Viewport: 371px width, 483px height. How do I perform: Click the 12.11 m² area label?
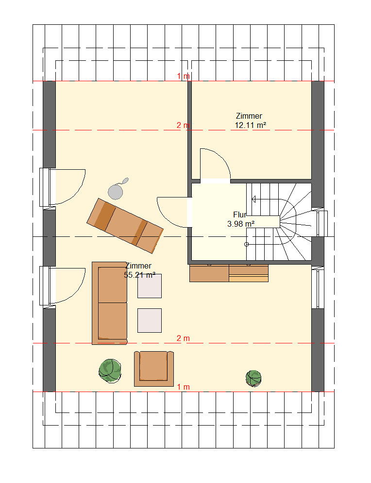click(x=251, y=125)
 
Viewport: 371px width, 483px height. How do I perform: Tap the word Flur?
click(x=240, y=215)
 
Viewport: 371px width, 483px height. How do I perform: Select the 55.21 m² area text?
click(x=139, y=275)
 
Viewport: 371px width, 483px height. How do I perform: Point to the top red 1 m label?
click(x=184, y=76)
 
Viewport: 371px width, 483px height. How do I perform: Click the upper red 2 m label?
click(x=183, y=125)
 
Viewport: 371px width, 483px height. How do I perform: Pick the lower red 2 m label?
click(x=183, y=338)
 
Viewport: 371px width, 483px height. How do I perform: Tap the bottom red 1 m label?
click(x=184, y=387)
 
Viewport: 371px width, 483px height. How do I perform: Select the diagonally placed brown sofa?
click(x=125, y=226)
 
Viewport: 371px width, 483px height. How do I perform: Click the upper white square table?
click(x=150, y=286)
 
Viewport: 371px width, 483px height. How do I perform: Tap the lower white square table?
click(x=150, y=321)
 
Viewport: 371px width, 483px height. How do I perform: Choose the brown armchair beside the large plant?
click(x=154, y=369)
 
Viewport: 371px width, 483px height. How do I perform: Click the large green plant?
click(x=110, y=371)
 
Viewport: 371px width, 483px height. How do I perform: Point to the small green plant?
click(x=253, y=378)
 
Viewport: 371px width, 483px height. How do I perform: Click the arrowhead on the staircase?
click(x=253, y=199)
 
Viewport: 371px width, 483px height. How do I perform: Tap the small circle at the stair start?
click(x=246, y=244)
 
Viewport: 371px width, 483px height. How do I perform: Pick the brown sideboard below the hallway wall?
click(x=229, y=273)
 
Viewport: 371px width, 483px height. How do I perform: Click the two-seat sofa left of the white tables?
click(x=110, y=303)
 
